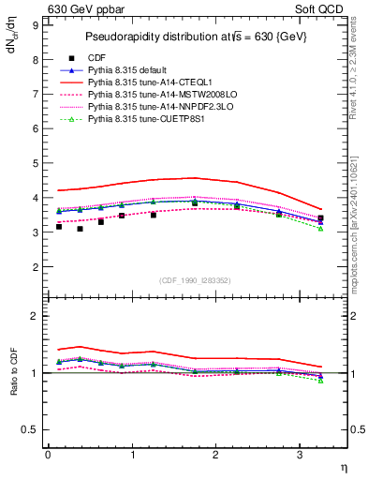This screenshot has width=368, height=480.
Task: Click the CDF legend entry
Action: (97, 58)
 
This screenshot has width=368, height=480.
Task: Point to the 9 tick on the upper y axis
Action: (36, 25)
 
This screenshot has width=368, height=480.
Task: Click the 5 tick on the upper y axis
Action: (36, 163)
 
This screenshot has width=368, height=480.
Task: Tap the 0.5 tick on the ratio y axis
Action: (33, 429)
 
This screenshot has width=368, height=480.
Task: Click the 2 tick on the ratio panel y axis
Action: (36, 316)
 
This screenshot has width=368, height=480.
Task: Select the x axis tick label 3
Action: (300, 455)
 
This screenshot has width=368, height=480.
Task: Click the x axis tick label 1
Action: (132, 455)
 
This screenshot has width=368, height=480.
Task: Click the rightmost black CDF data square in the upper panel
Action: (320, 218)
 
